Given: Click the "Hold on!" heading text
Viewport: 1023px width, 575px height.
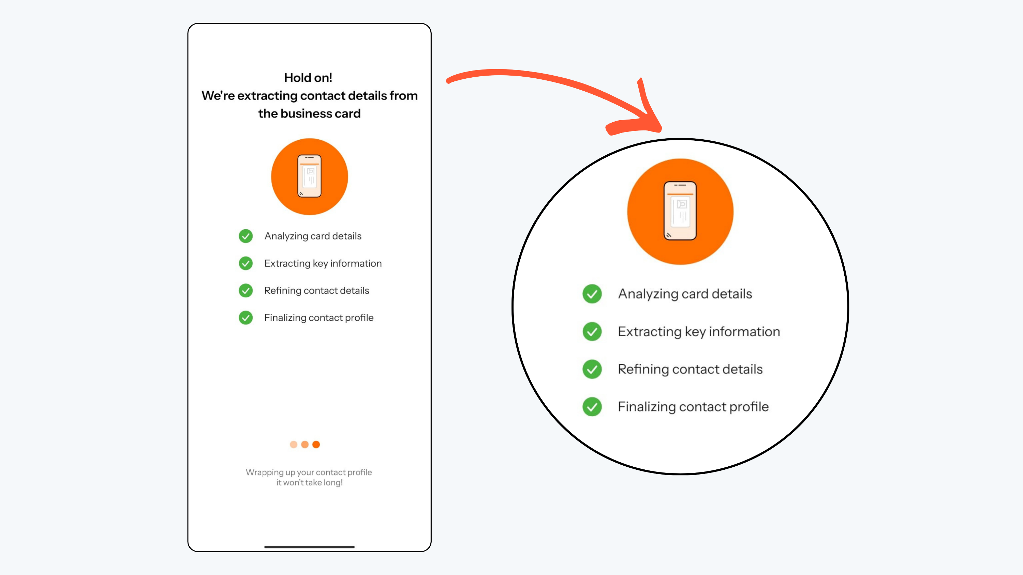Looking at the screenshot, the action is (x=308, y=77).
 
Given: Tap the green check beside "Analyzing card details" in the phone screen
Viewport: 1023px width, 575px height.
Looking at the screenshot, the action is (x=246, y=236).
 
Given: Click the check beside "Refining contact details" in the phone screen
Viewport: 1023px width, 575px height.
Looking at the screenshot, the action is (x=246, y=291).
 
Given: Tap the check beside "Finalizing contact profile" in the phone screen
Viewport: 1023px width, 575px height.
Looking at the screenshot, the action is (x=246, y=317).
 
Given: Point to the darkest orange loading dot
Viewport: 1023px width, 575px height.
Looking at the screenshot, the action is (x=316, y=445).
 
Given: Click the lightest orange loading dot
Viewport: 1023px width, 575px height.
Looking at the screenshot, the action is (x=294, y=445).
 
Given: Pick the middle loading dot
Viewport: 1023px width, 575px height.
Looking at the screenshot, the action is (x=305, y=445).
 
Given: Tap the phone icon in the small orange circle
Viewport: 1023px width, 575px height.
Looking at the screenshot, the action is (x=309, y=176).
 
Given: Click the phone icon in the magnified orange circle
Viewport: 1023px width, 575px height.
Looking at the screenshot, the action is (x=680, y=211).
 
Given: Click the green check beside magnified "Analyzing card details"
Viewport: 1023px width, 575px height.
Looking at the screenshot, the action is (x=592, y=294).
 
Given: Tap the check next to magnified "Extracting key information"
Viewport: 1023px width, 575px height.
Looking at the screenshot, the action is (x=592, y=332).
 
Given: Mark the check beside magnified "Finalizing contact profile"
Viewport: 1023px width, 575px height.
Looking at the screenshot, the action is (x=592, y=407).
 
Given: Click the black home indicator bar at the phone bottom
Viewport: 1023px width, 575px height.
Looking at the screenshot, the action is (x=309, y=547).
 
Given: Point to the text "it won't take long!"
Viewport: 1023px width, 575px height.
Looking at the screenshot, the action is (x=309, y=483).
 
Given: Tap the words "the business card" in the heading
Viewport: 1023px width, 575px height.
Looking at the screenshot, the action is (x=309, y=113).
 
